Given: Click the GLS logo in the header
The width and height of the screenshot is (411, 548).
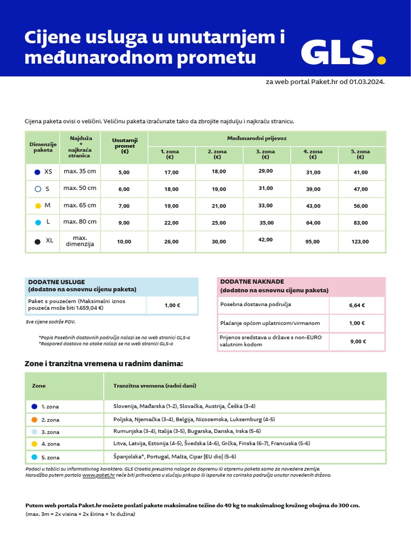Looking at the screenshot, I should [338, 52].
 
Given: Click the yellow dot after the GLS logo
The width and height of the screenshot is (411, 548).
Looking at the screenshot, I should [381, 60].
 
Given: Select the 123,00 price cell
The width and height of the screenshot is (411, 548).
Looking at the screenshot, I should [361, 242].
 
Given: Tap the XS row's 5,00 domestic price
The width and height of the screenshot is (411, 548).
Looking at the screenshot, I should [124, 172].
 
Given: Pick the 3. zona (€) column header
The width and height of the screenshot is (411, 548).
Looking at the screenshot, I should [265, 155].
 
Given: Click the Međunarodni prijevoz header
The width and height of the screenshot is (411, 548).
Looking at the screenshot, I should [264, 138].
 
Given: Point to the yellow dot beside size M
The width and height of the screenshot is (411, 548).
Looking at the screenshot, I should [37, 205].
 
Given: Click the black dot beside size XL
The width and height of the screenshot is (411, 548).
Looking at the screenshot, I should [37, 242].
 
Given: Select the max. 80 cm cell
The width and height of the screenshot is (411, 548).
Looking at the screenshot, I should [80, 222].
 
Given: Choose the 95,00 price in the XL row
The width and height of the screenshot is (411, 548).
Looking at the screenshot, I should [313, 242].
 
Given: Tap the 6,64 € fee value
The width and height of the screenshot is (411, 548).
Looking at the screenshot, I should [356, 305].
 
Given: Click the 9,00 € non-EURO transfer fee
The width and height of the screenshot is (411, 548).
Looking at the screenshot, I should [356, 341].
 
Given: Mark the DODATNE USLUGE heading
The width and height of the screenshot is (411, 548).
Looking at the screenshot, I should [56, 281].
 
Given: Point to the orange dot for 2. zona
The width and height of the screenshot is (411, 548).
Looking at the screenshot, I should [34, 420].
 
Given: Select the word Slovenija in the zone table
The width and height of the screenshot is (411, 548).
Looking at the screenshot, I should [125, 406].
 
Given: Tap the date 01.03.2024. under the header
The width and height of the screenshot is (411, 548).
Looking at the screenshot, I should [367, 82].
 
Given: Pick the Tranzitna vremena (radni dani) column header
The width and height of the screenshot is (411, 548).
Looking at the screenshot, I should [155, 385].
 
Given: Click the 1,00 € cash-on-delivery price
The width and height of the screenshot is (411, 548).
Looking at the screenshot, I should [172, 306].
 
